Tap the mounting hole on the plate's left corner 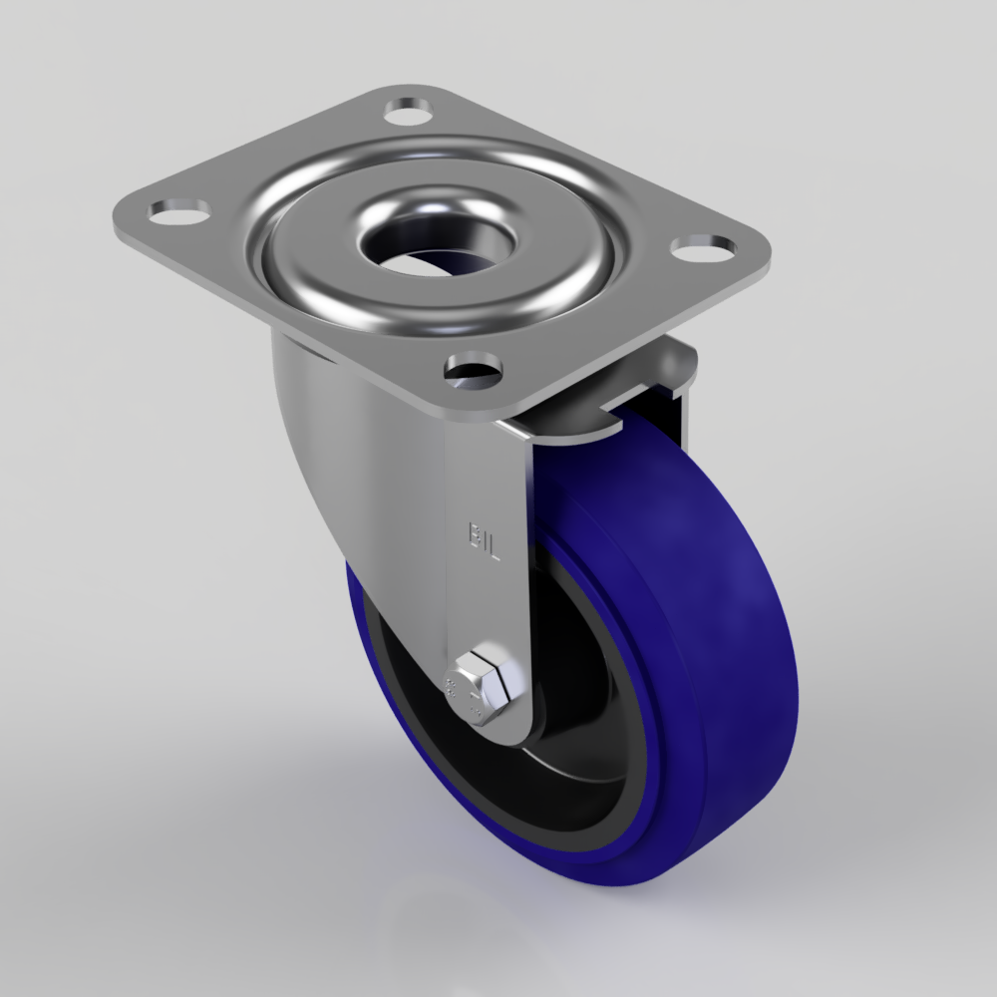(179, 210)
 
